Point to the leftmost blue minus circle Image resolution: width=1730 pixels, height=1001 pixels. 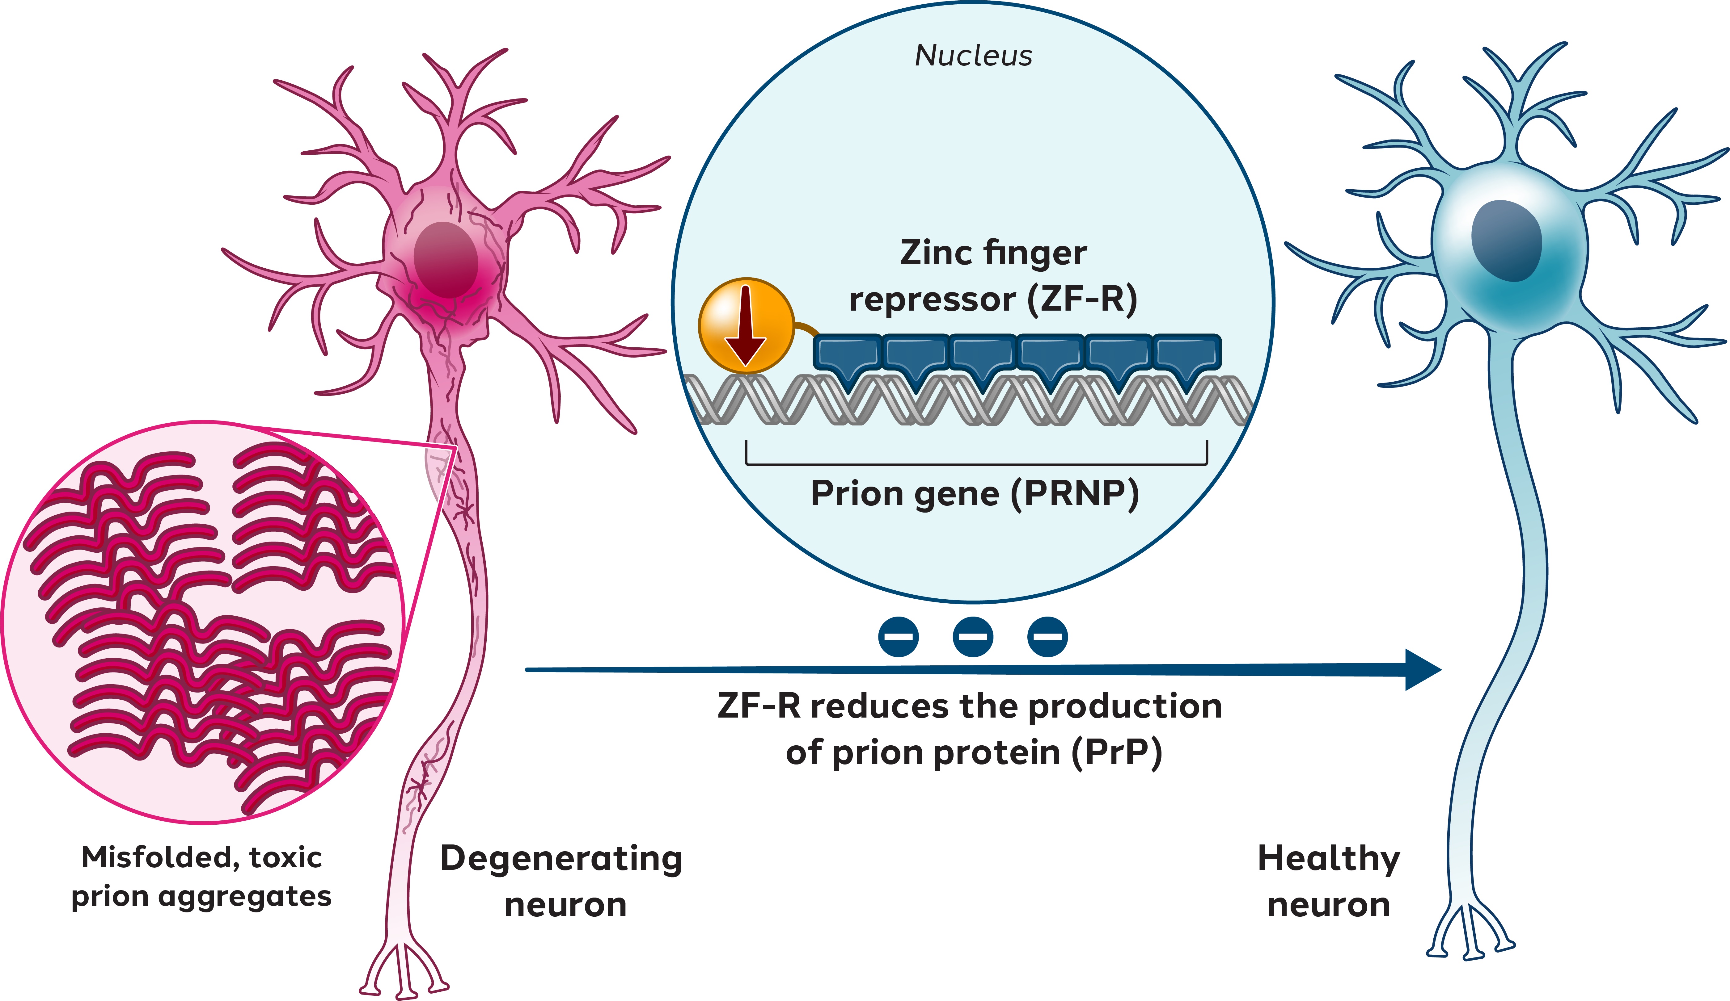click(x=898, y=636)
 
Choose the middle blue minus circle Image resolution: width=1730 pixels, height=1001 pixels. click(x=973, y=636)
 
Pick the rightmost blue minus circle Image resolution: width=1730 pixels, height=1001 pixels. click(x=1047, y=636)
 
